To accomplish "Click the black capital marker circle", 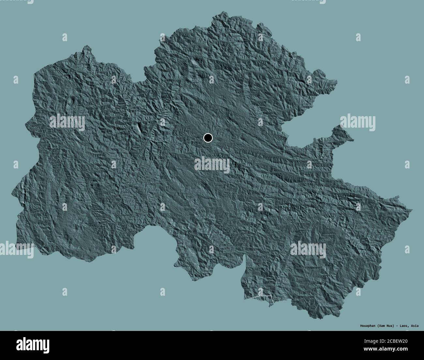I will point(208,138).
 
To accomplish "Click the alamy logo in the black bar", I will point(33,345).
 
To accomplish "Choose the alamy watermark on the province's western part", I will point(67,122).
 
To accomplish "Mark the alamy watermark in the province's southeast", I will point(308,250).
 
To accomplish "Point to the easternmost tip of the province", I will point(412,210).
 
